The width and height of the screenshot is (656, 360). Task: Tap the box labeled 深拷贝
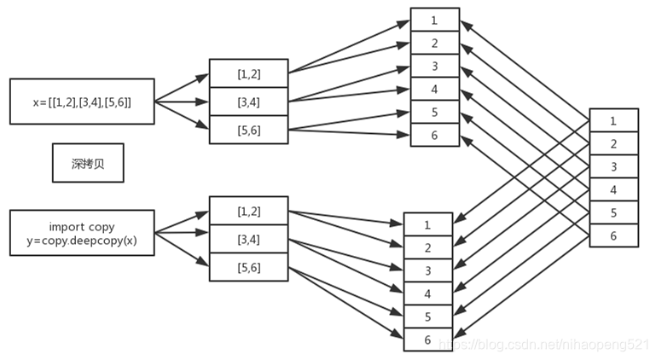(x=88, y=163)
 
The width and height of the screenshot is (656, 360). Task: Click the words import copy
(x=82, y=227)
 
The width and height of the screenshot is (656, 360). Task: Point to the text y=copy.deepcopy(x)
(x=82, y=241)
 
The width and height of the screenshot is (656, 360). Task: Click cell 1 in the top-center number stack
(x=435, y=20)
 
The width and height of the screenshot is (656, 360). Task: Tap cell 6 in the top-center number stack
(x=435, y=135)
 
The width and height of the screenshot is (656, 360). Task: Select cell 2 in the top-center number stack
(x=435, y=43)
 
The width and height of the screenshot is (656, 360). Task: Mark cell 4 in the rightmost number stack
(x=613, y=189)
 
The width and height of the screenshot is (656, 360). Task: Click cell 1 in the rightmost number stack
(x=613, y=120)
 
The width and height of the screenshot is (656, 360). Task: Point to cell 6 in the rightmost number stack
(x=613, y=235)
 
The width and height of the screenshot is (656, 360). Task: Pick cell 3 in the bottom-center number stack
(x=428, y=270)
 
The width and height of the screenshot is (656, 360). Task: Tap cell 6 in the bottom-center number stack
(x=428, y=340)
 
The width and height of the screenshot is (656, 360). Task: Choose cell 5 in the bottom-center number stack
(x=428, y=316)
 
